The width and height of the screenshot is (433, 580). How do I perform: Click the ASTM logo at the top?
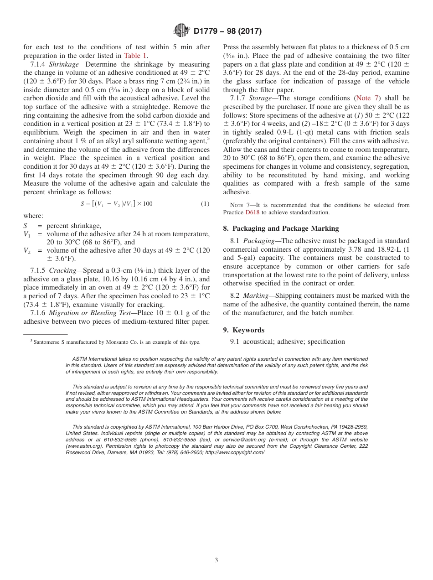point(181,31)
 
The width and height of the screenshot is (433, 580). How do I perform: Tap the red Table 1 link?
point(135,56)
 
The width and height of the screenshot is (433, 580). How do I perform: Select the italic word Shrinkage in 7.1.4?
point(64,64)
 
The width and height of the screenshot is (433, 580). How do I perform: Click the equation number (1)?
point(205,204)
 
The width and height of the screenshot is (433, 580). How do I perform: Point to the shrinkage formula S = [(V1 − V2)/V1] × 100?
point(116,204)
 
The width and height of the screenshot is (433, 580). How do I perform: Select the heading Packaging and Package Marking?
point(286,228)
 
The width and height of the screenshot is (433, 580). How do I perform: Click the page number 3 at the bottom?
point(216,560)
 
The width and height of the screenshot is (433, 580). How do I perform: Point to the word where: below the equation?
point(33,216)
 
